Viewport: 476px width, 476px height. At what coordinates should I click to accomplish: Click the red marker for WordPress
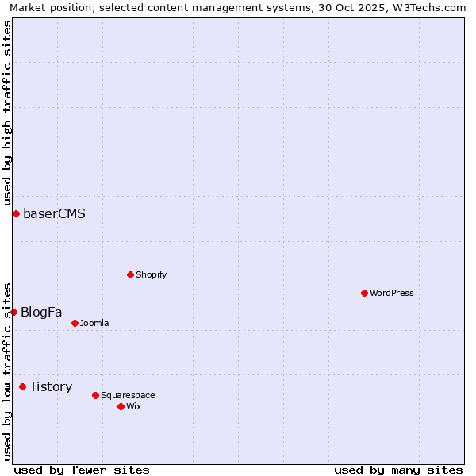coord(364,293)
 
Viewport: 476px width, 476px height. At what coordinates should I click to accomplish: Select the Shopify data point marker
coord(130,274)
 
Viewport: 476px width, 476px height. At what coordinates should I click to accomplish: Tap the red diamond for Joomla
coord(75,323)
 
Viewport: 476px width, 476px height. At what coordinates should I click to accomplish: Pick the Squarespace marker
coord(95,395)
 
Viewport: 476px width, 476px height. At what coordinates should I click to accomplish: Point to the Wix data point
coord(121,406)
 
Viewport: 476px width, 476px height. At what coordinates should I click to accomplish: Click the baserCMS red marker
coord(16,213)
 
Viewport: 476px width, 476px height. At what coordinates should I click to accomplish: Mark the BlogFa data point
coord(13,312)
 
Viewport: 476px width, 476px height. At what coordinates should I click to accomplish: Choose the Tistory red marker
coord(22,386)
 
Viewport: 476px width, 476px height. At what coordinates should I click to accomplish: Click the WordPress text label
coord(392,293)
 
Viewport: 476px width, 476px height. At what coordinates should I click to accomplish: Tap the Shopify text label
coord(151,274)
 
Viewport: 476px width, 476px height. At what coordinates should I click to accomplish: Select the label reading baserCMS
coord(54,213)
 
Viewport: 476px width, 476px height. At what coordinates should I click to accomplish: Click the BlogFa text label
coord(41,312)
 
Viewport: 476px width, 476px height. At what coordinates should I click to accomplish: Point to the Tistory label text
coord(51,386)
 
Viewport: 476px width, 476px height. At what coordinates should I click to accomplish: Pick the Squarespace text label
coord(128,395)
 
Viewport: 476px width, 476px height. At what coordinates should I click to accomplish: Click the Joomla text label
coord(94,323)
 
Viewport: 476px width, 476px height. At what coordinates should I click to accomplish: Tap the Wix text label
coord(134,406)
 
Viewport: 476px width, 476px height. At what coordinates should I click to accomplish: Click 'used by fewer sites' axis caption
coord(82,470)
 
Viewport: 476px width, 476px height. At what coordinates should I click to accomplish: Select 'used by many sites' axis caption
coord(398,470)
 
